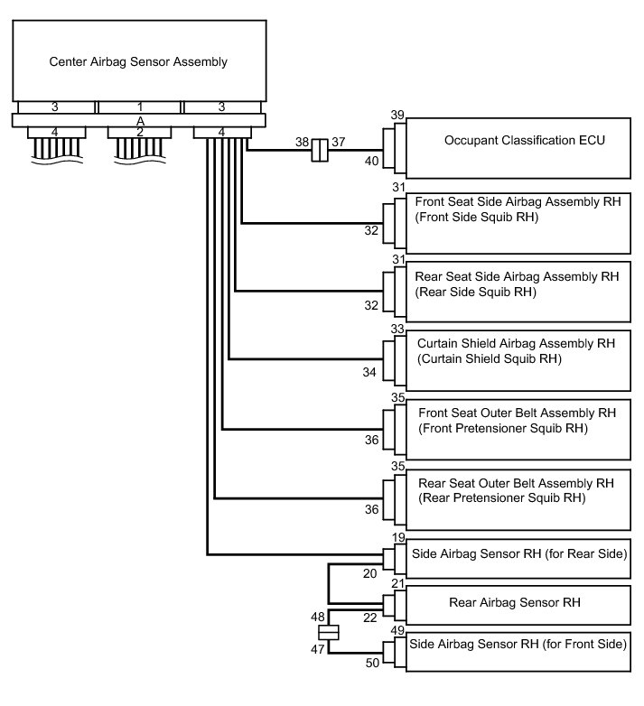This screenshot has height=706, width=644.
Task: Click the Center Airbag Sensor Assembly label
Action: tap(137, 62)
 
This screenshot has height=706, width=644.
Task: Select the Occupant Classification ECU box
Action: tap(518, 148)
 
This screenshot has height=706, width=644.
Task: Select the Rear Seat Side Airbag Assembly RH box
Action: tap(518, 293)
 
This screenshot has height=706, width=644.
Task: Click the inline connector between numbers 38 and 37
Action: tap(318, 151)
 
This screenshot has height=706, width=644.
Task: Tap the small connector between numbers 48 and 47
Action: tap(330, 632)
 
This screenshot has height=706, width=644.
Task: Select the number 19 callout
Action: tap(397, 537)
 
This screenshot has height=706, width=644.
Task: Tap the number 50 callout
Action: tap(371, 664)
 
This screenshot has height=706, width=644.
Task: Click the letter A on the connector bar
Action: tap(139, 120)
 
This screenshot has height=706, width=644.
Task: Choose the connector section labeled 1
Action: tap(139, 107)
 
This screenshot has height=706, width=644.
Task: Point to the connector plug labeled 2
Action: tap(139, 133)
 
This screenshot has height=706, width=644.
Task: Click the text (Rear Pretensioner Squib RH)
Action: tap(502, 497)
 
